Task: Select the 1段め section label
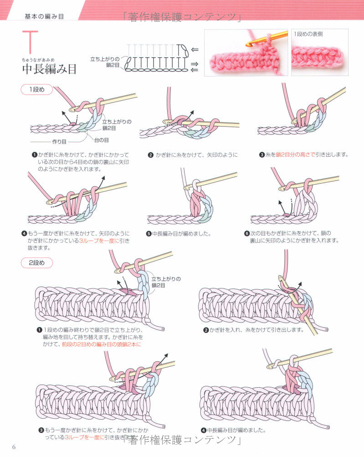tap(37, 90)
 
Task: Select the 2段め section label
tap(37, 263)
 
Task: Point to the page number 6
tap(14, 446)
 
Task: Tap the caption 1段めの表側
tap(308, 34)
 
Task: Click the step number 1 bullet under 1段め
tap(34, 155)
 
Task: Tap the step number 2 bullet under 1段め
tap(150, 155)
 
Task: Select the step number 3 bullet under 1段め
tap(262, 154)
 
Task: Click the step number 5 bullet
tap(149, 234)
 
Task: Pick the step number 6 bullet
tap(247, 233)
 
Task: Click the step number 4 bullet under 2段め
tap(203, 430)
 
